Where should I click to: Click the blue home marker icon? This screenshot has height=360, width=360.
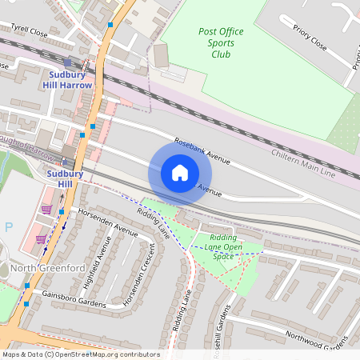point(180,173)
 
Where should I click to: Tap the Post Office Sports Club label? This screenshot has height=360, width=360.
point(221,43)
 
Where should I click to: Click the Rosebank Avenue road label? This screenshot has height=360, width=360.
point(202,150)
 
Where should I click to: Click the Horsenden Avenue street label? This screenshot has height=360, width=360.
point(108,222)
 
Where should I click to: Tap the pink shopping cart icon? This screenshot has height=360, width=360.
point(46,210)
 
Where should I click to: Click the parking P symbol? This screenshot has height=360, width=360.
point(9,226)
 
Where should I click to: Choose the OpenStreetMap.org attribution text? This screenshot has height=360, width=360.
point(80,354)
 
